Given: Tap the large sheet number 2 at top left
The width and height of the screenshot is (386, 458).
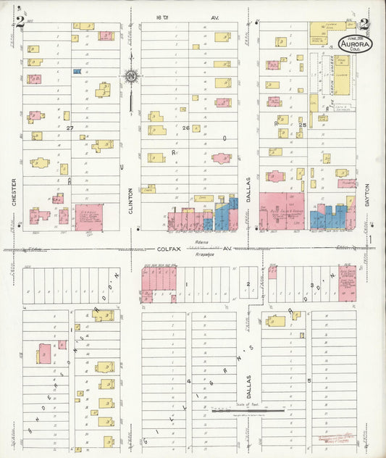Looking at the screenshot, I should (x=21, y=22).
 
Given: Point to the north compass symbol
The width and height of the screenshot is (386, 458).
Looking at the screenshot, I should (x=130, y=75).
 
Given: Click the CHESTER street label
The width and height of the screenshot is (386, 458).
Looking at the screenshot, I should (x=14, y=193).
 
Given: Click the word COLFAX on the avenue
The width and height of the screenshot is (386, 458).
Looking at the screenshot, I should (x=169, y=248).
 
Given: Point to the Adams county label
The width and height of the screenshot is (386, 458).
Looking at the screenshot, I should (x=202, y=241).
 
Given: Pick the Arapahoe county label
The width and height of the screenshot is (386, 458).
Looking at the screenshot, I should (x=205, y=254).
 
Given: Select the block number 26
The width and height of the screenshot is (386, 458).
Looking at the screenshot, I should (x=186, y=128).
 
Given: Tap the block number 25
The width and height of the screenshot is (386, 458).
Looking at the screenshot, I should (x=302, y=125).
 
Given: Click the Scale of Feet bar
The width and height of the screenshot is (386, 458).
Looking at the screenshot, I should (x=246, y=411).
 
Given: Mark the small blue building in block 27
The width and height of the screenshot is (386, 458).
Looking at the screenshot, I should (x=77, y=72).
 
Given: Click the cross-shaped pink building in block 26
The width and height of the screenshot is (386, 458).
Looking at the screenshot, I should (x=221, y=157).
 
